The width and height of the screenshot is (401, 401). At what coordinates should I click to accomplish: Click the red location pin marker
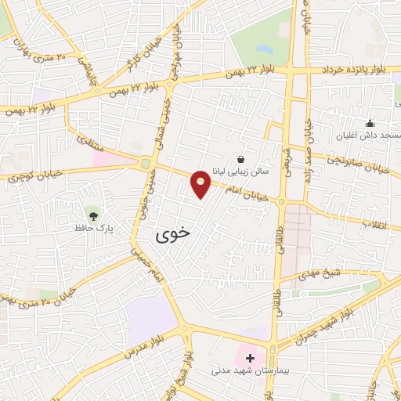201,184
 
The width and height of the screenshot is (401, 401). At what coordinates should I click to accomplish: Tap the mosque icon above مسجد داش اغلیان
370,122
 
